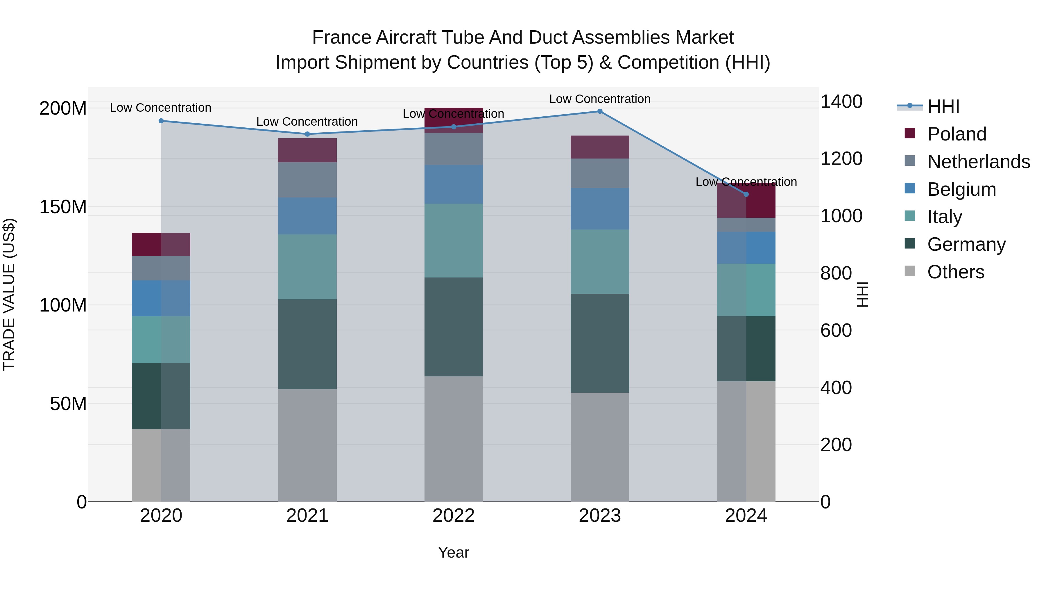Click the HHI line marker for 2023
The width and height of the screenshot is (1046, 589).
pos(600,111)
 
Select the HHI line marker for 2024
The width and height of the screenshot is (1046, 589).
pos(746,194)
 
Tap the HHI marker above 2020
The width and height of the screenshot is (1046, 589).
pos(161,121)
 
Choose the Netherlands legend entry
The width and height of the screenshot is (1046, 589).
pos(978,162)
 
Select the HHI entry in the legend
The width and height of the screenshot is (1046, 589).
pos(943,106)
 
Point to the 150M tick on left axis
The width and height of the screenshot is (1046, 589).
pos(63,207)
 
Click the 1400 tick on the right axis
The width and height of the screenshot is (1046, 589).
pos(841,102)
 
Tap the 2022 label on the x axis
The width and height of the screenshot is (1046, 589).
pos(454,516)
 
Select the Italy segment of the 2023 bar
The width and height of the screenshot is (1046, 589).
pos(600,261)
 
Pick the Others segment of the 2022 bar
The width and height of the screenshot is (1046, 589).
pos(454,439)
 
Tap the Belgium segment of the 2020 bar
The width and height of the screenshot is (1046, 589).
pos(161,298)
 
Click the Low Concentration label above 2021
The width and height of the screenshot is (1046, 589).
pos(307,122)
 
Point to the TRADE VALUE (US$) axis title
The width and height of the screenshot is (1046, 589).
pos(9,294)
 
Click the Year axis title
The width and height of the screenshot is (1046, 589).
pos(454,552)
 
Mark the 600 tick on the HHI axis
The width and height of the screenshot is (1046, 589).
pos(836,330)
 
